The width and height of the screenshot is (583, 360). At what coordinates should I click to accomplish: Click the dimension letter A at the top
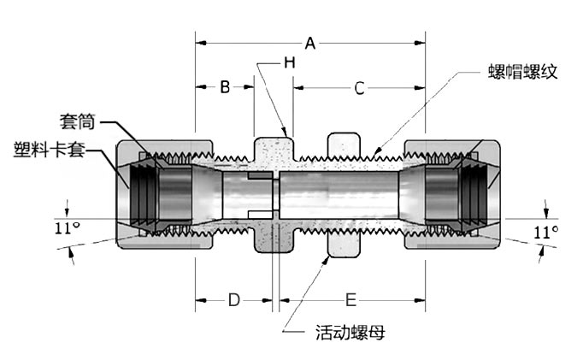[310, 44]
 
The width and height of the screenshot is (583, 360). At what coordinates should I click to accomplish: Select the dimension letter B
[225, 87]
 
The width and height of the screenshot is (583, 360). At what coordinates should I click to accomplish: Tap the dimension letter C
[359, 89]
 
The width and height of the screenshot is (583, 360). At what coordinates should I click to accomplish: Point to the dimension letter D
[234, 300]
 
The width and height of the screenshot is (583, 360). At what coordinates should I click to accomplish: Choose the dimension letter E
[350, 300]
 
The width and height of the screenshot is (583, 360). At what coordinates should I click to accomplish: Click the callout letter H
[290, 62]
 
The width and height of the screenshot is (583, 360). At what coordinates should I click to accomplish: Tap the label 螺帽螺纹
[523, 72]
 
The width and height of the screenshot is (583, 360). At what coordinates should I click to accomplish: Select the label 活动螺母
[350, 332]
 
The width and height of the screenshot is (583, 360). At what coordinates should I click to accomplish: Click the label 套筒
[78, 121]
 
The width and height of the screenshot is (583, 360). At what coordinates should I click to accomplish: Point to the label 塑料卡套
[50, 150]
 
